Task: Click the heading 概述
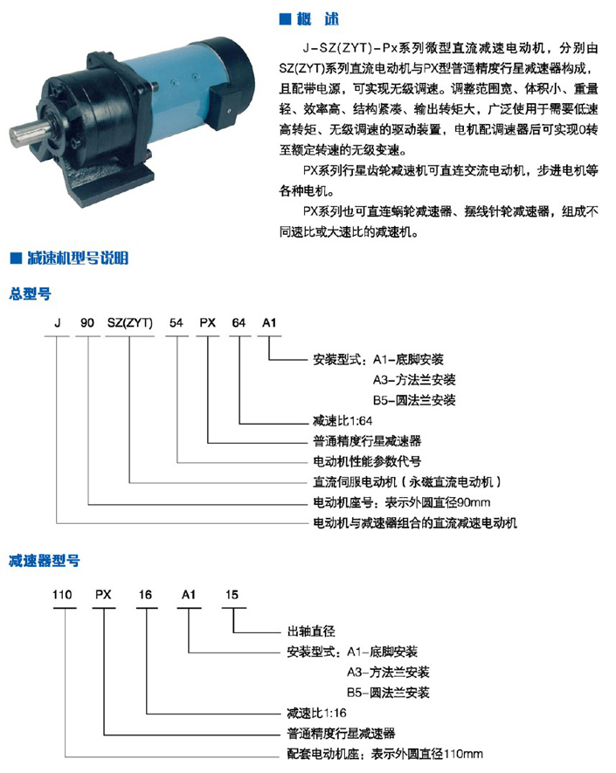click(318, 19)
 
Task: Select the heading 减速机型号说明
click(78, 258)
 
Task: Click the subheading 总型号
click(30, 293)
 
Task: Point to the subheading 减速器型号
click(45, 561)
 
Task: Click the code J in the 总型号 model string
click(58, 323)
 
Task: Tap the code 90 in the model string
click(87, 323)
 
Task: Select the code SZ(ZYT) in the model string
click(130, 323)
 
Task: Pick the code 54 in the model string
click(176, 323)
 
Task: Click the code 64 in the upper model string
click(239, 323)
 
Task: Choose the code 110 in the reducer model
click(62, 595)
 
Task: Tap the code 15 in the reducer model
click(232, 595)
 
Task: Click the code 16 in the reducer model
click(146, 595)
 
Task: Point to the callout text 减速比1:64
click(343, 420)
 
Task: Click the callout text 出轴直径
click(311, 631)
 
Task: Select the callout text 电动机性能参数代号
click(368, 461)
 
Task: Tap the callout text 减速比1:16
click(317, 713)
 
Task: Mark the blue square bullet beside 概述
click(285, 19)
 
